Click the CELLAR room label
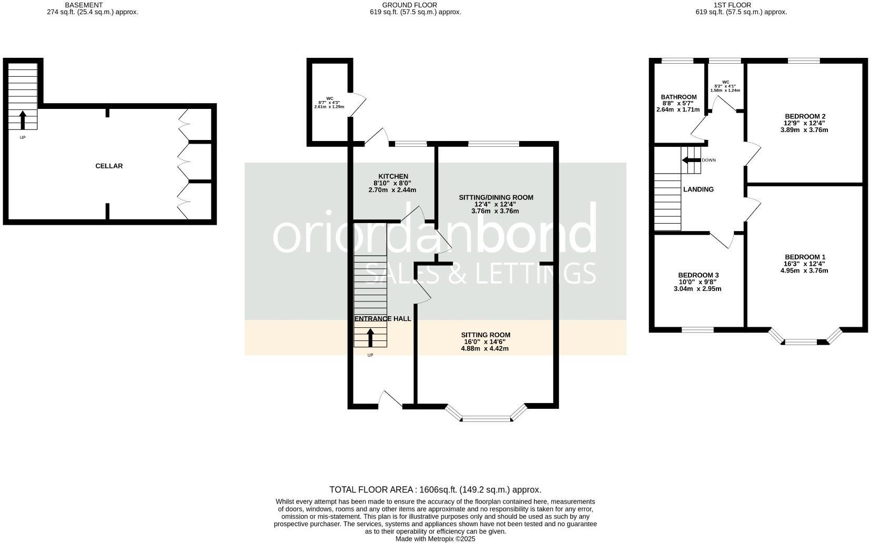pos(109,166)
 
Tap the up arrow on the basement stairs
pos(23,120)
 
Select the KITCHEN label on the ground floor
pos(393,176)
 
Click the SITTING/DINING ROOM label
pos(495,197)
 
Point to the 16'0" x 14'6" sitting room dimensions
pos(484,341)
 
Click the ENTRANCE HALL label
pos(382,318)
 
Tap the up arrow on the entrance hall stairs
pos(370,337)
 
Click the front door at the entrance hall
pos(390,400)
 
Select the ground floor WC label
pos(329,98)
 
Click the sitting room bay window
pos(486,418)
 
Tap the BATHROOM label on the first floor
pos(678,97)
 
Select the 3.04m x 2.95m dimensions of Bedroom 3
pos(698,288)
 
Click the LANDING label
pos(698,189)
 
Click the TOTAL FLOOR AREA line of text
pos(435,489)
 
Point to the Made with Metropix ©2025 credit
pos(435,539)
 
